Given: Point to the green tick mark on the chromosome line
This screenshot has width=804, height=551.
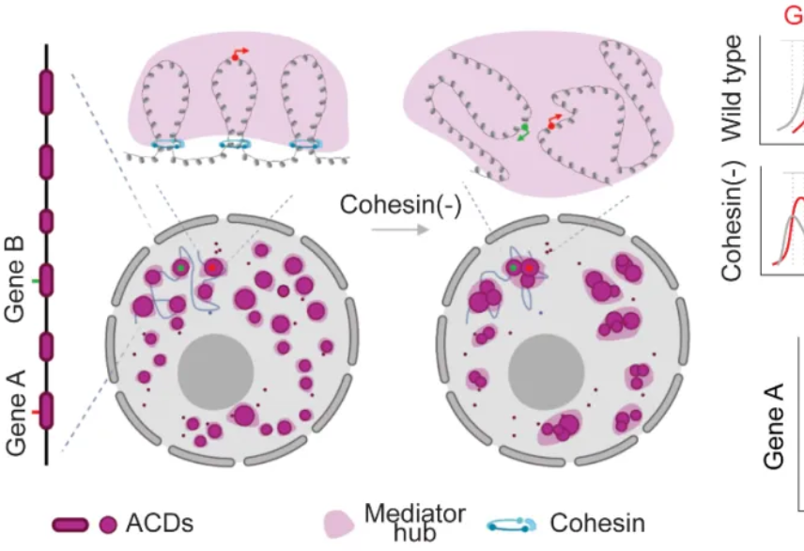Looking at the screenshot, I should [35, 280].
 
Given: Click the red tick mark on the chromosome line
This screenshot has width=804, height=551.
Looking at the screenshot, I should [35, 411].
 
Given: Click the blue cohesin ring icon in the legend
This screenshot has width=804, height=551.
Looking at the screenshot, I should [514, 524].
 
